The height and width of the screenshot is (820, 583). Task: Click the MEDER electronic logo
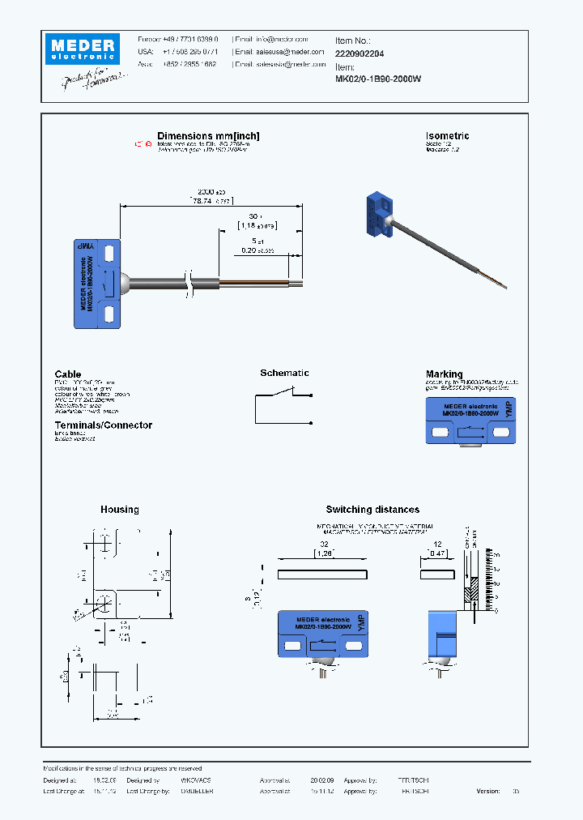point(82,49)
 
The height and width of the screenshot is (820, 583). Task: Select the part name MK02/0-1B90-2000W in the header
point(378,79)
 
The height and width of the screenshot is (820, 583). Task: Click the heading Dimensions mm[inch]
point(208,136)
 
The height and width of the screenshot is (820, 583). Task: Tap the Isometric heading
point(447,136)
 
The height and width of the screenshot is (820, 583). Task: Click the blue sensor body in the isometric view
point(377,217)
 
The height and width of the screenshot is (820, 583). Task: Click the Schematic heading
point(284,373)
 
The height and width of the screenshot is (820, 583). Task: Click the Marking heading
point(444,374)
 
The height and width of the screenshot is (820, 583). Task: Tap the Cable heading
point(68,374)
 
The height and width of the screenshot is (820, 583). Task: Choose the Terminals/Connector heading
point(103,425)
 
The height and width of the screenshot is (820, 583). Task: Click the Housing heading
point(119,510)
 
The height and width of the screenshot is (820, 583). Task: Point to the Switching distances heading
point(372,510)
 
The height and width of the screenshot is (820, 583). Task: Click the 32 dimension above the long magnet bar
point(323,545)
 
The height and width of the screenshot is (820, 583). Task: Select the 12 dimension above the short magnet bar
point(438,545)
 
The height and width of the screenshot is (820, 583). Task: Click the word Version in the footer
point(488,791)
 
